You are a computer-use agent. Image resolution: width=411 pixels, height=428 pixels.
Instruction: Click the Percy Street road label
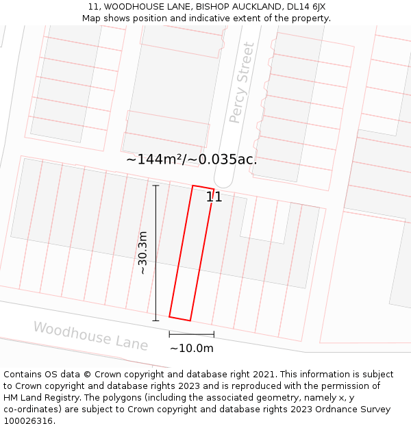point(242,83)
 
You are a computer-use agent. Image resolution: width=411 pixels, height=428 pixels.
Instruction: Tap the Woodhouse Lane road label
point(90,336)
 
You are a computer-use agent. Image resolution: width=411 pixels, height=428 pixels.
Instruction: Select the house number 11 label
point(214,197)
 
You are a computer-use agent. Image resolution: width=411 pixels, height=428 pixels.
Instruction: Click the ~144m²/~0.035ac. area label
point(191,160)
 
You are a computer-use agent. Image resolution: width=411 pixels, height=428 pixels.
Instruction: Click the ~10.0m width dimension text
point(192,348)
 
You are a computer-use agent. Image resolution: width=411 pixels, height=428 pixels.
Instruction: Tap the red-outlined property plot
point(191,253)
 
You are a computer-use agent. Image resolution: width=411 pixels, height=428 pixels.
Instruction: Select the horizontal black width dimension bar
point(192,334)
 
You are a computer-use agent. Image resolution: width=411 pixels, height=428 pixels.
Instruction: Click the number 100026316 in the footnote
point(29,421)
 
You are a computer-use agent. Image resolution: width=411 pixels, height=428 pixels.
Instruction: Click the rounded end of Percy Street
point(223,179)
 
